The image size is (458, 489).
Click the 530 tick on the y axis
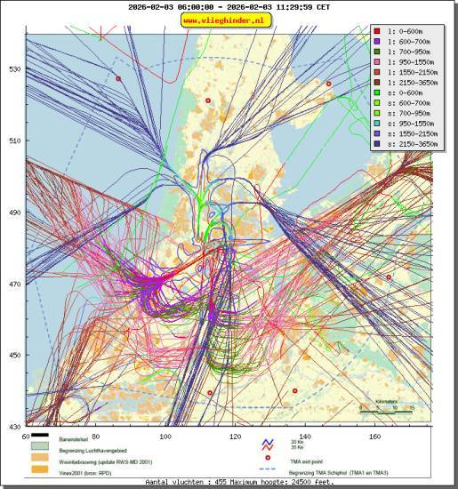[14, 69]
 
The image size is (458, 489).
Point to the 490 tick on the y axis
[14, 213]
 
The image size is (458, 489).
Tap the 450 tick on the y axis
[14, 356]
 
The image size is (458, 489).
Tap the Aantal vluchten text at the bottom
[239, 483]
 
